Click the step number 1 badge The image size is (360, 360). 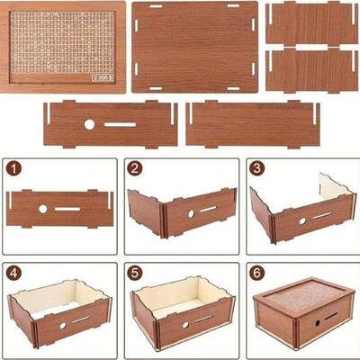[x=14, y=168]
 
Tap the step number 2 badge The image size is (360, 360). [x=135, y=168]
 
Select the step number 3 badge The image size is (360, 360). [x=256, y=168]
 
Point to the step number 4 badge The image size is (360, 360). [x=14, y=272]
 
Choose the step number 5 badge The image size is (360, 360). [x=135, y=272]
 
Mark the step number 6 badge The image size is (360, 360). [x=256, y=272]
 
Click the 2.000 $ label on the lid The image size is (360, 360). [x=103, y=78]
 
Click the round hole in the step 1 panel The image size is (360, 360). [x=42, y=209]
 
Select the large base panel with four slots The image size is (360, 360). [x=193, y=47]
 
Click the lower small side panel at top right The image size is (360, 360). [x=311, y=68]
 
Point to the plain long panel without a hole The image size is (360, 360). [x=253, y=124]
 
